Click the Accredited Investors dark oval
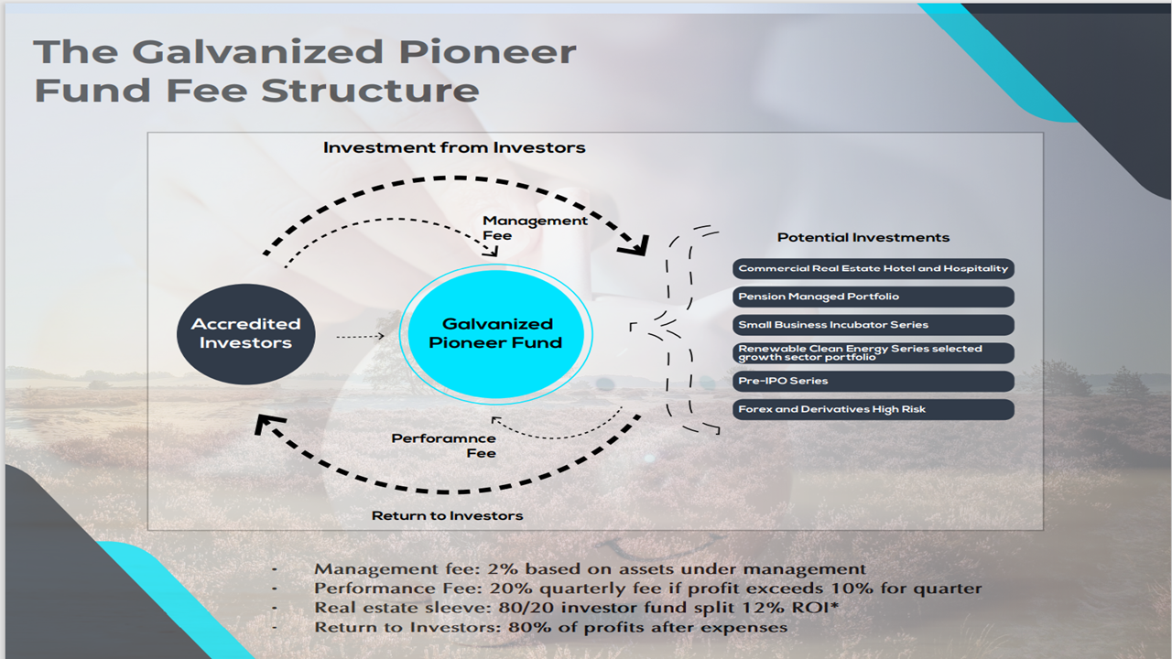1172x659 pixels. tap(246, 334)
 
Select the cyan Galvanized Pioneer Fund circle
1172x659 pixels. tap(495, 334)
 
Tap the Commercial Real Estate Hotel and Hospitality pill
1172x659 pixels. tap(874, 269)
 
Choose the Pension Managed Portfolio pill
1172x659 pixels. tap(874, 297)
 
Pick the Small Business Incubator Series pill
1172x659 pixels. tap(874, 325)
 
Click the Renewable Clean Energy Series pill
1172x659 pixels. tap(874, 353)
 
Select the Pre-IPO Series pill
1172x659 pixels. tap(874, 382)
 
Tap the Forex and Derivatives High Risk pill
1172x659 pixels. tap(874, 409)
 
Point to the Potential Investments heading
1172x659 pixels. tap(863, 237)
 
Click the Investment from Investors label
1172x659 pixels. tap(454, 147)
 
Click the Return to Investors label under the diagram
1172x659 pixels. tap(448, 515)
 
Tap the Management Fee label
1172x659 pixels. tap(535, 228)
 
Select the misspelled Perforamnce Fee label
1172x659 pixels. tap(444, 446)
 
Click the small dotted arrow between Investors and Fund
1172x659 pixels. tap(360, 336)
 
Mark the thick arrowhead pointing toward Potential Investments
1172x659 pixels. tap(635, 246)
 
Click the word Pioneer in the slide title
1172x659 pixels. tap(487, 52)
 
